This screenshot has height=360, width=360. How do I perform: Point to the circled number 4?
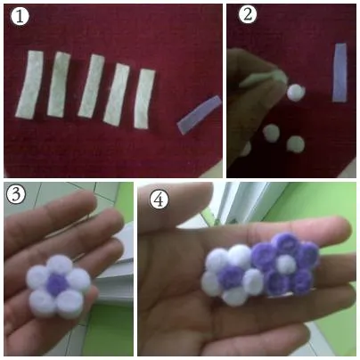[160, 200]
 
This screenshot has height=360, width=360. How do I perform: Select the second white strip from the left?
[60, 84]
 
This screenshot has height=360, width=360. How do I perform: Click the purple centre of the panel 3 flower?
[57, 282]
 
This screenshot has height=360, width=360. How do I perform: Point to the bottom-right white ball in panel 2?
[295, 144]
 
